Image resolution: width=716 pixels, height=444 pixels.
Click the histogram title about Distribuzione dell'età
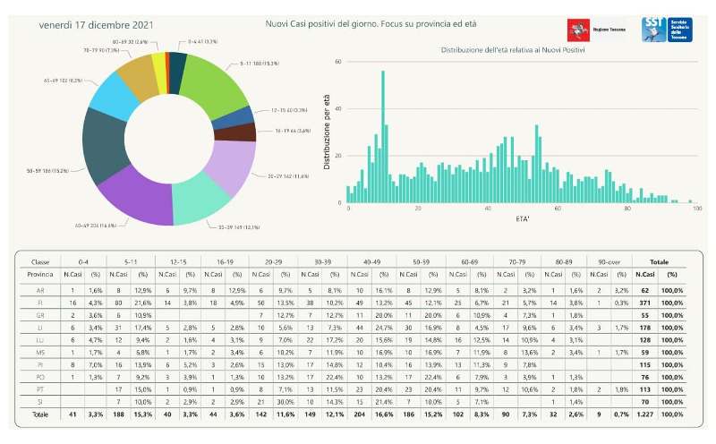click(x=513, y=49)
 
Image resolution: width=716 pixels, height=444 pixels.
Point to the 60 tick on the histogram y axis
click(x=338, y=62)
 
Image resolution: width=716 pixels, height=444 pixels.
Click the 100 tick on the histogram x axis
click(x=696, y=209)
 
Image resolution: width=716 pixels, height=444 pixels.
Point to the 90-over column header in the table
click(x=609, y=262)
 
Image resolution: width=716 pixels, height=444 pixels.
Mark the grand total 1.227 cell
click(x=644, y=417)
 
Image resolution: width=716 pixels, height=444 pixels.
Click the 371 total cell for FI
click(x=644, y=304)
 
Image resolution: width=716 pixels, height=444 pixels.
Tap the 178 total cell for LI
click(x=644, y=329)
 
